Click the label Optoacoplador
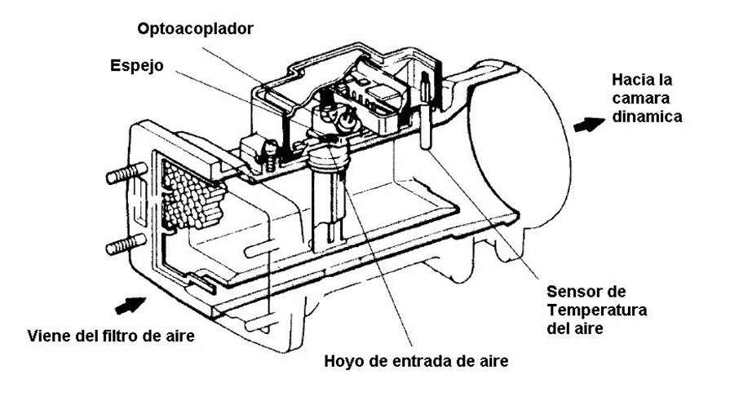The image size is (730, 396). click(195, 29)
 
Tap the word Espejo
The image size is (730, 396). click(137, 66)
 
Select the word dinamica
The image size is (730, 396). click(647, 117)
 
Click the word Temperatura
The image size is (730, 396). click(597, 310)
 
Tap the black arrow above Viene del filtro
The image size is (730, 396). click(130, 305)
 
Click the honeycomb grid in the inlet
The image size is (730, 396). click(192, 195)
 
